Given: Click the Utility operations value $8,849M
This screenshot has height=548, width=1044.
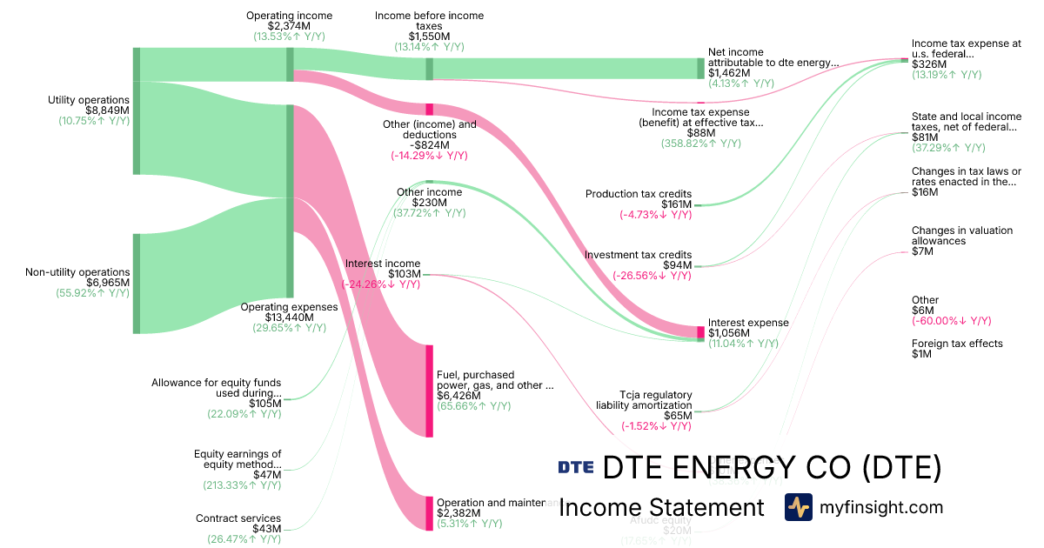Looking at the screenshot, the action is pyautogui.click(x=107, y=110).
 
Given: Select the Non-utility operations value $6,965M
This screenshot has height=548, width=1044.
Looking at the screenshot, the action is pyautogui.click(x=107, y=283).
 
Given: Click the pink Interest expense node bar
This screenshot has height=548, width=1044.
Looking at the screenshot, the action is pyautogui.click(x=700, y=331).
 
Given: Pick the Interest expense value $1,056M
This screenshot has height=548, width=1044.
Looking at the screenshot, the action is pyautogui.click(x=728, y=333).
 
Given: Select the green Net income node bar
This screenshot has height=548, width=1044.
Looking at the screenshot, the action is pyautogui.click(x=700, y=69).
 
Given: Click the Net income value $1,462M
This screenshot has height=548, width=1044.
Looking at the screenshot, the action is pyautogui.click(x=728, y=73).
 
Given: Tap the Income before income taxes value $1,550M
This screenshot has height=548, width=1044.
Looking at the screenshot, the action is pyautogui.click(x=429, y=37).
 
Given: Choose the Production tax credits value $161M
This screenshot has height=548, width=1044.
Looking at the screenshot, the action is pyautogui.click(x=676, y=204).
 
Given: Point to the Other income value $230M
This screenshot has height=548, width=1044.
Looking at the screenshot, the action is pyautogui.click(x=429, y=203).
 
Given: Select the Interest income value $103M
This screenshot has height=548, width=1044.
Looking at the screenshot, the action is pyautogui.click(x=405, y=274).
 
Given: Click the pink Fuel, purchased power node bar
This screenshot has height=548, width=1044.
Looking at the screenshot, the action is pyautogui.click(x=429, y=391).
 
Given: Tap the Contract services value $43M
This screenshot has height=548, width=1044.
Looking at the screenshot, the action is pyautogui.click(x=266, y=529).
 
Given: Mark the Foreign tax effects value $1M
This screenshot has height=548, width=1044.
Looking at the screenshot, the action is pyautogui.click(x=922, y=354).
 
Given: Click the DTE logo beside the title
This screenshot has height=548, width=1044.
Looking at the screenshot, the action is pyautogui.click(x=575, y=467).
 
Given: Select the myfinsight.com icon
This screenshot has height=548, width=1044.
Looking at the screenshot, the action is pyautogui.click(x=798, y=507).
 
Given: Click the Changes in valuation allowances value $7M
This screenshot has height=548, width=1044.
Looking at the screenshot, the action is pyautogui.click(x=922, y=251).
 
